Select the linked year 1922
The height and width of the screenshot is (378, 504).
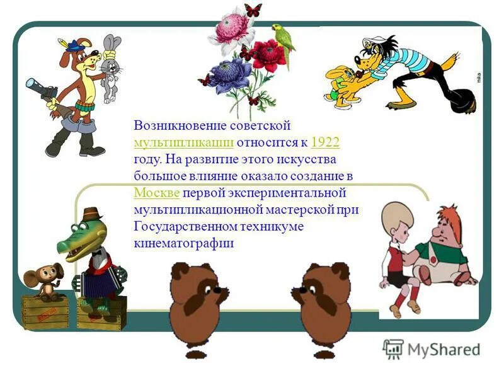[x=326, y=142]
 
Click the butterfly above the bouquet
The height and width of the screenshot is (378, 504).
[x=253, y=10]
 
